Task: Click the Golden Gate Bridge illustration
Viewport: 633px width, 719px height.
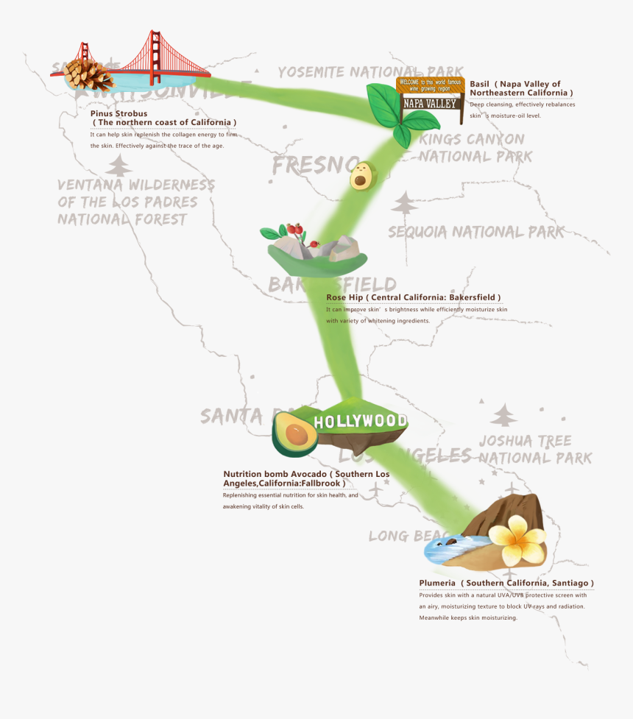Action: pyautogui.click(x=155, y=59)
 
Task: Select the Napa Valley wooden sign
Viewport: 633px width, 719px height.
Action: pyautogui.click(x=431, y=94)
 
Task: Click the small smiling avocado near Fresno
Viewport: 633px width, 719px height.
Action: pyautogui.click(x=361, y=177)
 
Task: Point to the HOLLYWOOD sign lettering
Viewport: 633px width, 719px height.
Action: pyautogui.click(x=360, y=422)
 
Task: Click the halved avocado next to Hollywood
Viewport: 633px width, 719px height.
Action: pyautogui.click(x=294, y=434)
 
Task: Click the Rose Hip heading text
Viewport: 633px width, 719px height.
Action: pyautogui.click(x=413, y=297)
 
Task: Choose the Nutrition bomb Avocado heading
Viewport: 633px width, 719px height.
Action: pyautogui.click(x=305, y=478)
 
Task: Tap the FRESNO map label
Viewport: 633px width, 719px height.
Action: pyautogui.click(x=313, y=166)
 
